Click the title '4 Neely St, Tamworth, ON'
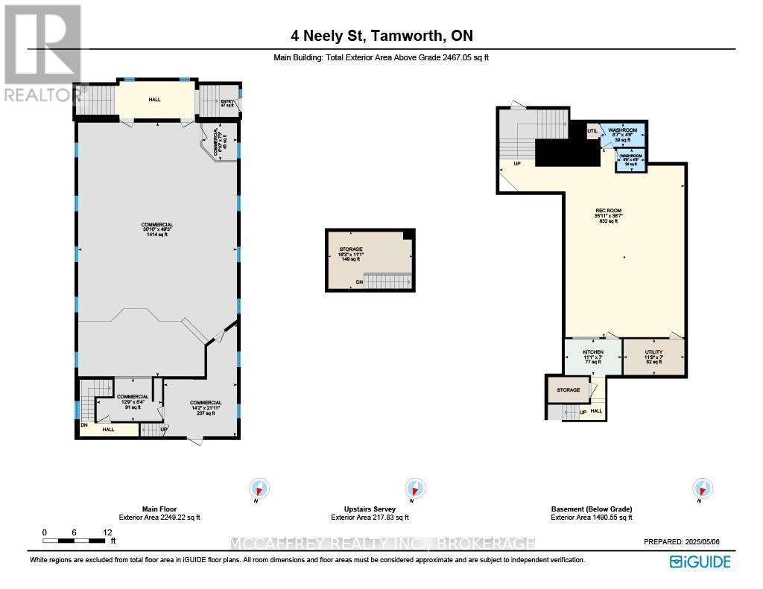pyautogui.click(x=381, y=35)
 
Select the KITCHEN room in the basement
pyautogui.click(x=593, y=357)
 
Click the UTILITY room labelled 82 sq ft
pyautogui.click(x=653, y=357)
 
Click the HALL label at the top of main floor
pyautogui.click(x=154, y=99)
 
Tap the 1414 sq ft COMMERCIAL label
pyautogui.click(x=157, y=229)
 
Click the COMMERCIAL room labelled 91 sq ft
pyautogui.click(x=134, y=401)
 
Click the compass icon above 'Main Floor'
pyautogui.click(x=259, y=488)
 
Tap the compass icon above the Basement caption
pyautogui.click(x=701, y=488)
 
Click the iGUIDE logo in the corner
pyautogui.click(x=700, y=561)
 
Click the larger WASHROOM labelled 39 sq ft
pyautogui.click(x=623, y=134)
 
